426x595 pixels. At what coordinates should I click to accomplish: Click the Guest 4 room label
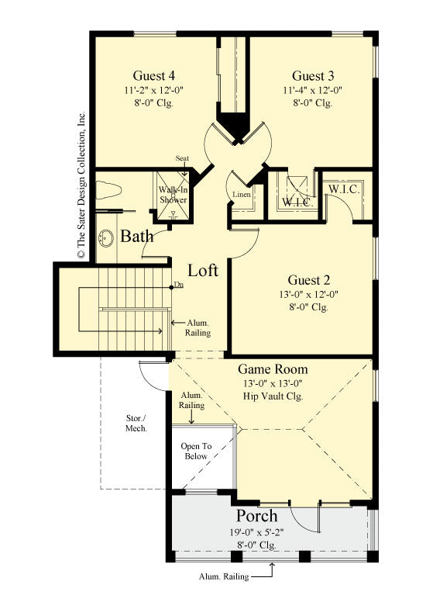pyautogui.click(x=153, y=76)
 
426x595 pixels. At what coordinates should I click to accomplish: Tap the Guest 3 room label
pyautogui.click(x=313, y=76)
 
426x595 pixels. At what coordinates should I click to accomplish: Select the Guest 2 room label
pyautogui.click(x=309, y=279)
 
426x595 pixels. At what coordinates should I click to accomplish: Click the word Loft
pyautogui.click(x=203, y=271)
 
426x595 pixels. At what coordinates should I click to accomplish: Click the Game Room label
pyautogui.click(x=272, y=369)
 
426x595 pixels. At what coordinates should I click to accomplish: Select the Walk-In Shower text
pyautogui.click(x=173, y=195)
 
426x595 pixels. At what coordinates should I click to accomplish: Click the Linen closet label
pyautogui.click(x=242, y=194)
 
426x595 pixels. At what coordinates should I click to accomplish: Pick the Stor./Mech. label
pyautogui.click(x=136, y=422)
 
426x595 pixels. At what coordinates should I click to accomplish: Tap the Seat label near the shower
pyautogui.click(x=183, y=159)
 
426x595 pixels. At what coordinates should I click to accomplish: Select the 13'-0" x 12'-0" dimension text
pyautogui.click(x=308, y=294)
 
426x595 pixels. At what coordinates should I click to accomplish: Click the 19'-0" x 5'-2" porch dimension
pyautogui.click(x=256, y=532)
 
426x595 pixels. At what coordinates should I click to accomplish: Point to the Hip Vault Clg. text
pyautogui.click(x=272, y=396)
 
